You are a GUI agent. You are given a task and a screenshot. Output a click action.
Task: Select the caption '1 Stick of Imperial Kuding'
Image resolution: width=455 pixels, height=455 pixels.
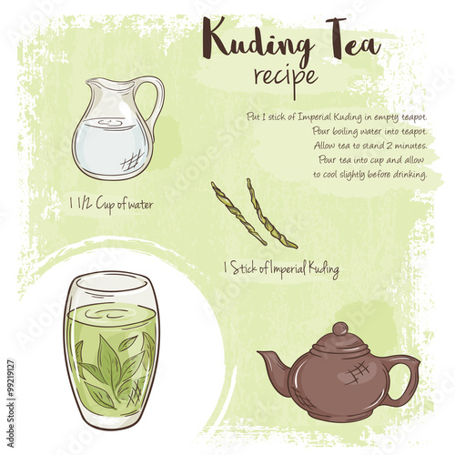click(280, 269)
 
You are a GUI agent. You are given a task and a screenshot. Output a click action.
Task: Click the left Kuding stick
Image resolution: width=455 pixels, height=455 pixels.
click(238, 214)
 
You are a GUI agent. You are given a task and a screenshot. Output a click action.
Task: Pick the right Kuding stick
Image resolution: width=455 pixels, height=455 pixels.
click(272, 214)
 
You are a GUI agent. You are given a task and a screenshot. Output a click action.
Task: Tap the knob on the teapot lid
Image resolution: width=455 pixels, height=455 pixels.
click(339, 328)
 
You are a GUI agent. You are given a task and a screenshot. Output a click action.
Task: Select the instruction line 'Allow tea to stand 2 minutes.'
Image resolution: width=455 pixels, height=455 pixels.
click(369, 145)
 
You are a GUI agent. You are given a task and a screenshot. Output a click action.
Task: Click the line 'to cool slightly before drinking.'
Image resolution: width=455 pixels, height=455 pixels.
click(369, 173)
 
